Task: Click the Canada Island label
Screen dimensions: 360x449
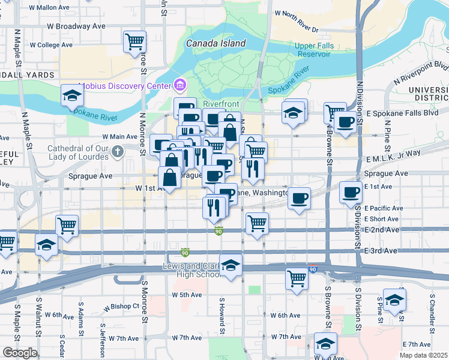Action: pyautogui.click(x=215, y=43)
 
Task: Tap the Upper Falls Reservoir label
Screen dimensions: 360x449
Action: pyautogui.click(x=313, y=50)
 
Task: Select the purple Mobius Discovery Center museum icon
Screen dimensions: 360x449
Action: pyautogui.click(x=178, y=83)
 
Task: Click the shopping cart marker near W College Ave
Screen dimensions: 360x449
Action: pyautogui.click(x=135, y=41)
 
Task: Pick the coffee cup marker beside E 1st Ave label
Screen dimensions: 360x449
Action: pyautogui.click(x=351, y=193)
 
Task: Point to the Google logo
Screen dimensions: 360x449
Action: pyautogui.click(x=20, y=353)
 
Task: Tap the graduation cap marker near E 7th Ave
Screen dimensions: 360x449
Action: pyautogui.click(x=325, y=344)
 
